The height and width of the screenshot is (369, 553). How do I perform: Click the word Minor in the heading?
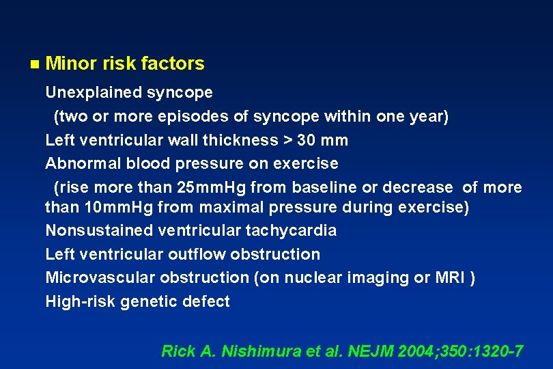pyautogui.click(x=71, y=64)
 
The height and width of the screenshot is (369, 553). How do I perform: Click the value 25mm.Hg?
pyautogui.click(x=213, y=187)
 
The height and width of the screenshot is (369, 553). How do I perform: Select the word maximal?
pyautogui.click(x=223, y=207)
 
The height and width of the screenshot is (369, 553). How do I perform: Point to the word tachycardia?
pyautogui.click(x=299, y=230)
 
